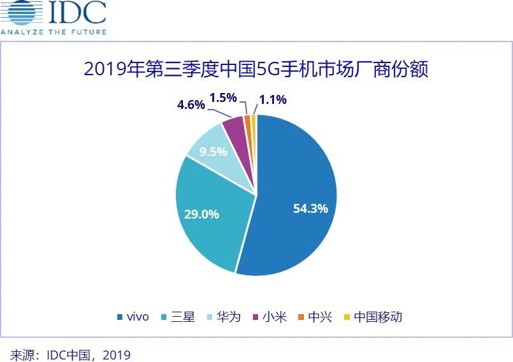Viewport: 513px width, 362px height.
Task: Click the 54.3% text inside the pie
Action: (x=310, y=208)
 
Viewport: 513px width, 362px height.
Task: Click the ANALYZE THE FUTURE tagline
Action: (x=53, y=31)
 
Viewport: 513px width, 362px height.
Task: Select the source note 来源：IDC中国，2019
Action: (x=70, y=354)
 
